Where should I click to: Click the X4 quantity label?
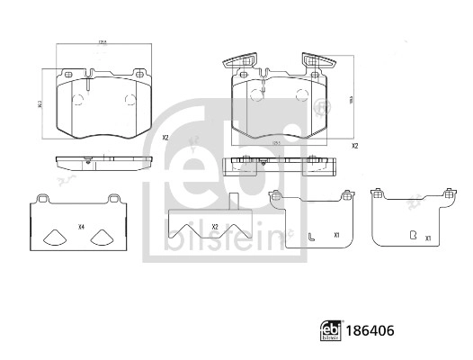pos(81,227)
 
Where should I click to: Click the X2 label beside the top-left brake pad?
pos(165,138)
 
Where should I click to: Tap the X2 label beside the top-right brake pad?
pos(354,146)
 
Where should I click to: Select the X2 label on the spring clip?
pos(215,227)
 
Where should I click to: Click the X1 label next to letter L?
pos(335,237)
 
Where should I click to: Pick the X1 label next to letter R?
pos(428,238)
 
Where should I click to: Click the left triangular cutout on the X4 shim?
pos(54,238)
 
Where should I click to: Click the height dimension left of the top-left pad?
pos(40,103)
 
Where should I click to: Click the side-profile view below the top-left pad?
pos(102,164)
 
